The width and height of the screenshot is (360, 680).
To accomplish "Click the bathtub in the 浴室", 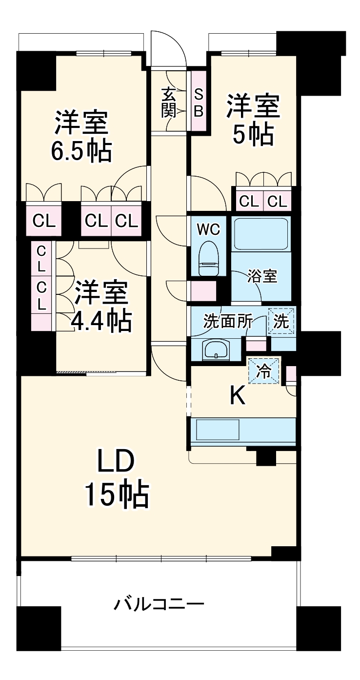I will [261, 234].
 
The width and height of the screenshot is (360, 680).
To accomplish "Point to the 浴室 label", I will [262, 277].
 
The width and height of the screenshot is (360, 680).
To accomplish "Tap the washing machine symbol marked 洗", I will [281, 321].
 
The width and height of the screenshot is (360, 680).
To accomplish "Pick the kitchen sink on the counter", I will [218, 430].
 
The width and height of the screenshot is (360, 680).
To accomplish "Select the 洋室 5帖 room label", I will [252, 120].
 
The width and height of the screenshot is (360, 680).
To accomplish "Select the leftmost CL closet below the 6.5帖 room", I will [44, 221].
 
